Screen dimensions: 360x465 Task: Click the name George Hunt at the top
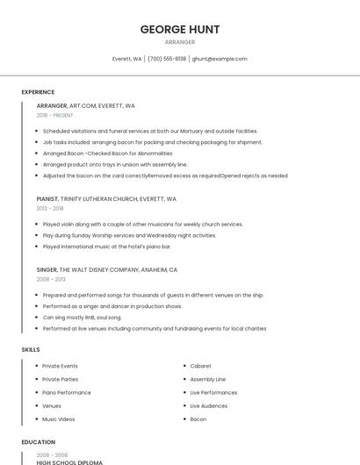click(x=180, y=29)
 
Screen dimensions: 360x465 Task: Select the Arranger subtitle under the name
click(x=180, y=42)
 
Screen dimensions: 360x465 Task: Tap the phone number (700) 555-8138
click(x=167, y=59)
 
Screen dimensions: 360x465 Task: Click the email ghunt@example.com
click(x=220, y=59)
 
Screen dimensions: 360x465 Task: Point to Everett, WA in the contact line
click(x=127, y=59)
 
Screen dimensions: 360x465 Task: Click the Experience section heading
click(x=38, y=92)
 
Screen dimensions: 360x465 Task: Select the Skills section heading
click(x=31, y=350)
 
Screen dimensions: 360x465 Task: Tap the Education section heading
click(x=38, y=442)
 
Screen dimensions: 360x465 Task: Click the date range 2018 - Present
click(x=54, y=115)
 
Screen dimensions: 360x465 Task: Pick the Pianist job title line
click(x=106, y=199)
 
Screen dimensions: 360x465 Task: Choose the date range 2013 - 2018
click(x=50, y=209)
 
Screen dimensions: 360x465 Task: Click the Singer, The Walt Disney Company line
click(x=107, y=270)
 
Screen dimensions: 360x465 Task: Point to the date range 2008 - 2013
click(x=50, y=280)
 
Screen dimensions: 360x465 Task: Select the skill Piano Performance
click(x=67, y=392)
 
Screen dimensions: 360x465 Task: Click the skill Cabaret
click(x=200, y=366)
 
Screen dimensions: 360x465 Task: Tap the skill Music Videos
click(x=59, y=419)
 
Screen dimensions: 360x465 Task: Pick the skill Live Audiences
click(x=209, y=406)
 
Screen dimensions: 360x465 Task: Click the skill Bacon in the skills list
click(x=198, y=419)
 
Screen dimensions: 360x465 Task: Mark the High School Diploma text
click(x=69, y=461)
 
